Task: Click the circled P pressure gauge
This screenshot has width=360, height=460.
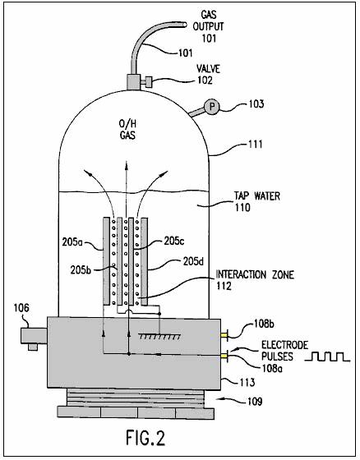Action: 212,107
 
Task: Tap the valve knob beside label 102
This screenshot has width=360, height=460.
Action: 149,82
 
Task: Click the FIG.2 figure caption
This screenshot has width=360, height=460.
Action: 145,437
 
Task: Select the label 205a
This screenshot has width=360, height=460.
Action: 73,242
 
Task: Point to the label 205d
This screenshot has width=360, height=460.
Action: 193,261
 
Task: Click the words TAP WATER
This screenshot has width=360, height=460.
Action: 257,195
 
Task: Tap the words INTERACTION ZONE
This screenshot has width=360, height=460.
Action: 255,274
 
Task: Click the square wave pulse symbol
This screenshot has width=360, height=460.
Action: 327,356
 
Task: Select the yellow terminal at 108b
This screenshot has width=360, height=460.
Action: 224,335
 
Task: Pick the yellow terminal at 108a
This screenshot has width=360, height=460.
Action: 224,356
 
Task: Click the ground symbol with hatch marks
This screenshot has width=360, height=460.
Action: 159,336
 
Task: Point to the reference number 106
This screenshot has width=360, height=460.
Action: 21,308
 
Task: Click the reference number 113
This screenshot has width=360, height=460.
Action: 247,382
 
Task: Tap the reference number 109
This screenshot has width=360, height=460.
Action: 254,401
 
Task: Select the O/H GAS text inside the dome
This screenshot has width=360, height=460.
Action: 127,130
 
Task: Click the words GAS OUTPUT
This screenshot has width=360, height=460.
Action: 209,21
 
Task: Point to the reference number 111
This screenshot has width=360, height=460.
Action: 255,145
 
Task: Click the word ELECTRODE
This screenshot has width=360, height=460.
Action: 285,345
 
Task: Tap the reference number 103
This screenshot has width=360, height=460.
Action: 256,103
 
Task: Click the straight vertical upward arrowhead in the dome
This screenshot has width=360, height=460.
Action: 127,164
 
